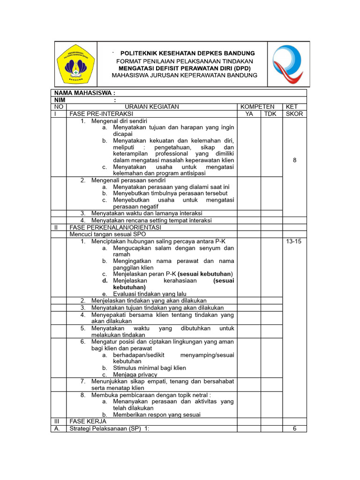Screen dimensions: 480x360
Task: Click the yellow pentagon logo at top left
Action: pos(75,64)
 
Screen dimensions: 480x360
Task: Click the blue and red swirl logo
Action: pos(288,64)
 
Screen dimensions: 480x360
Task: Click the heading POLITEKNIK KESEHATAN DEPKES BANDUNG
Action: pos(187,53)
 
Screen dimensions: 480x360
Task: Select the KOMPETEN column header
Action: pos(257,107)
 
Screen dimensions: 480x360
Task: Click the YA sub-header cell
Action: pos(249,114)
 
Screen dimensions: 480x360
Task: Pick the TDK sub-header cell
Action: pos(270,114)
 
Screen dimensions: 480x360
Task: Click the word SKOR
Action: pos(294,114)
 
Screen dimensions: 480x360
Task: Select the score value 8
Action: pos(294,160)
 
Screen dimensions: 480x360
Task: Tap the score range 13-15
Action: pos(294,241)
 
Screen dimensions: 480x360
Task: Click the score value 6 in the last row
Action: pos(294,428)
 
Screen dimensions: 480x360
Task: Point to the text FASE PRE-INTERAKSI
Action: pos(101,114)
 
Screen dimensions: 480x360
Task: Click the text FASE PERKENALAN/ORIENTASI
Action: pos(115,227)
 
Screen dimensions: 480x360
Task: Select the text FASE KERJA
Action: pos(88,421)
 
